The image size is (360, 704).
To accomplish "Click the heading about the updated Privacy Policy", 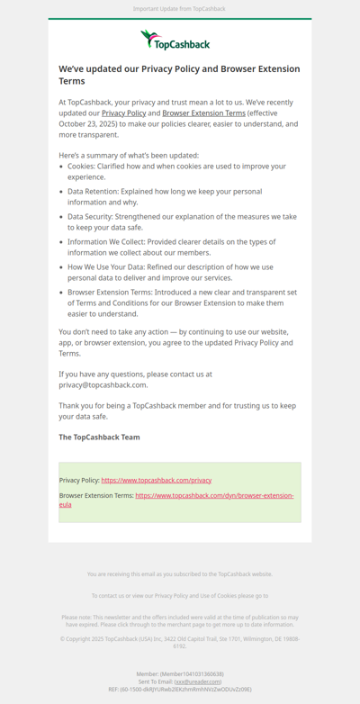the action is (x=179, y=75).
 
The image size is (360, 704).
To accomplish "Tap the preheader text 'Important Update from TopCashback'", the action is (x=179, y=9).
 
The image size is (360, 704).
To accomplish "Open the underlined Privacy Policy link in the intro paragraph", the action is (x=123, y=113).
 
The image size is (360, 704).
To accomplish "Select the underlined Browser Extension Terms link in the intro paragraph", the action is (x=203, y=113).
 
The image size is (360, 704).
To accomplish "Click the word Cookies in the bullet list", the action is (x=80, y=167).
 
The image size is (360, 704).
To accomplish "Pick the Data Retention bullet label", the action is (x=93, y=192).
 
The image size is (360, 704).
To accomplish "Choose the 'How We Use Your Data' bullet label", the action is (x=105, y=267).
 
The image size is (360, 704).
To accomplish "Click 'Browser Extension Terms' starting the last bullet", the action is (x=106, y=293).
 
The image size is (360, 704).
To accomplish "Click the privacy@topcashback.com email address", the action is (x=103, y=384).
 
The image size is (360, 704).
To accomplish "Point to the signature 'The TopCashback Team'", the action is (x=99, y=438).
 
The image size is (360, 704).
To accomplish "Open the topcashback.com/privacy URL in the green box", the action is (x=156, y=481).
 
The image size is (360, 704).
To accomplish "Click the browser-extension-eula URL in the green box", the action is (x=214, y=496).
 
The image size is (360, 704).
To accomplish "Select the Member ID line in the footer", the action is (x=179, y=673).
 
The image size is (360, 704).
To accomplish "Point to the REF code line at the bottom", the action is (x=179, y=690).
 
